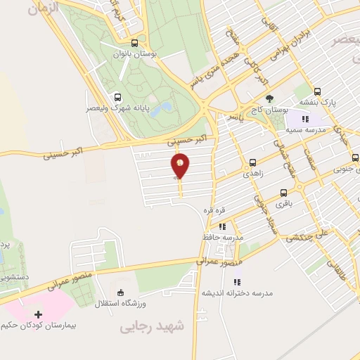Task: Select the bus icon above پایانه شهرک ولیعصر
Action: pos(117,98)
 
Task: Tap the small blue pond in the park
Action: pos(165,108)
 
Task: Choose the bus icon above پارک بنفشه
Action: pos(317,91)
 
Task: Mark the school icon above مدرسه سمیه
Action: pos(305,119)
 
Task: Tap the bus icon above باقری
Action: pos(284,192)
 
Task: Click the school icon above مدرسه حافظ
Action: pos(222,226)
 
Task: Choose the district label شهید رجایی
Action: pos(151,327)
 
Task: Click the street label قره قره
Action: pos(214,210)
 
